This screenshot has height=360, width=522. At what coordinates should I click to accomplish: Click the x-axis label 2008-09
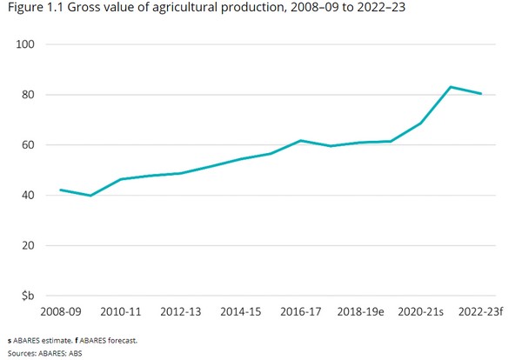(60, 311)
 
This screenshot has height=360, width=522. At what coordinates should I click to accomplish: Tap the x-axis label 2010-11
(121, 311)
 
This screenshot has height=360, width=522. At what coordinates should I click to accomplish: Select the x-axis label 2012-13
(181, 311)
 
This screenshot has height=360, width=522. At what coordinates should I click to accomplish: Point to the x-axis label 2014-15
(241, 311)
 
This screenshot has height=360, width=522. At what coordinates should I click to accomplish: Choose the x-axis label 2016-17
(301, 311)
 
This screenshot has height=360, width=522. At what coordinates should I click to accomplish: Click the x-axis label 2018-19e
(361, 311)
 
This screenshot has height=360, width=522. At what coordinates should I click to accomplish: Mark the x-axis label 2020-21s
(421, 311)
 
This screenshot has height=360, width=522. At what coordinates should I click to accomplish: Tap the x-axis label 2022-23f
(480, 311)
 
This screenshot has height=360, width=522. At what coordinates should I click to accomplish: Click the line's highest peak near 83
(451, 87)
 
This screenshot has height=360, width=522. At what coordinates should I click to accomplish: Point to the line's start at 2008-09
(60, 190)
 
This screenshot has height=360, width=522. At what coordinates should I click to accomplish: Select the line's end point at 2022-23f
(481, 94)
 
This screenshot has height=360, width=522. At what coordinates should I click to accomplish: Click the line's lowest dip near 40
(90, 196)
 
